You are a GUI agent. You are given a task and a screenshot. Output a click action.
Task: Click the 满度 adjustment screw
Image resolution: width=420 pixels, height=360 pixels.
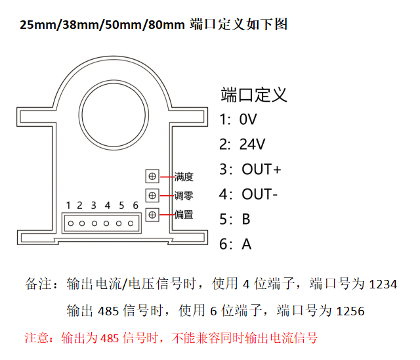[x=152, y=176]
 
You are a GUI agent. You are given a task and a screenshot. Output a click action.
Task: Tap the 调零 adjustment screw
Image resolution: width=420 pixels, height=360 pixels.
[x=152, y=195]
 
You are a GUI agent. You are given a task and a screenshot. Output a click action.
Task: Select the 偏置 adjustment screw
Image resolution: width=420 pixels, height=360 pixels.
[x=152, y=214]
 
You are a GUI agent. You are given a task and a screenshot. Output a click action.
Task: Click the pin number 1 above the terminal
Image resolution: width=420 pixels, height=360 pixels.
[x=68, y=206]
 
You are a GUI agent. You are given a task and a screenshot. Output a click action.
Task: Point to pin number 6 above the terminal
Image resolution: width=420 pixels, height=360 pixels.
[x=136, y=206]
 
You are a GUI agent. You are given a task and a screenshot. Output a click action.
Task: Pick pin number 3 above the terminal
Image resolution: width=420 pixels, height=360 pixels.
[x=94, y=206]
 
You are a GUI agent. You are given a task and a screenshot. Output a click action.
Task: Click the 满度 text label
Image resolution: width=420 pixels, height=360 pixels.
[x=184, y=177]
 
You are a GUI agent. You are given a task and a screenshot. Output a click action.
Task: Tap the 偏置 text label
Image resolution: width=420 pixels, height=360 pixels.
[x=184, y=214]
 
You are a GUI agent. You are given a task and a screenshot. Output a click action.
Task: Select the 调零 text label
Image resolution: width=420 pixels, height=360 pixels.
[x=184, y=196]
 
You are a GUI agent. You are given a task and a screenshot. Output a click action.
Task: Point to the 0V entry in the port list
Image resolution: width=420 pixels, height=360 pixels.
[x=248, y=120]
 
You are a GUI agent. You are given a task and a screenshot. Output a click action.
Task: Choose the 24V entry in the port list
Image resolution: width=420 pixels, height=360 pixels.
[x=252, y=145]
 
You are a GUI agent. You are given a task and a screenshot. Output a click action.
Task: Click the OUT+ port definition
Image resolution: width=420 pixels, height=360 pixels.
[x=261, y=169]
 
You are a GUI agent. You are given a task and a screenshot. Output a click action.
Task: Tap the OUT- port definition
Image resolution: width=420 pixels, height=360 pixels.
[x=260, y=194]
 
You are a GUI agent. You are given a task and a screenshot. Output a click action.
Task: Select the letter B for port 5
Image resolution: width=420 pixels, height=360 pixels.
[x=246, y=219]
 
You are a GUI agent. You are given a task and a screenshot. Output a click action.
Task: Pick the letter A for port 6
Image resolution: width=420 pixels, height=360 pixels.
[x=247, y=244]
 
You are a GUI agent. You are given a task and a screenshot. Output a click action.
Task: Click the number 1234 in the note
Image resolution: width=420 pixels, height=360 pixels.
[x=384, y=285]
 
